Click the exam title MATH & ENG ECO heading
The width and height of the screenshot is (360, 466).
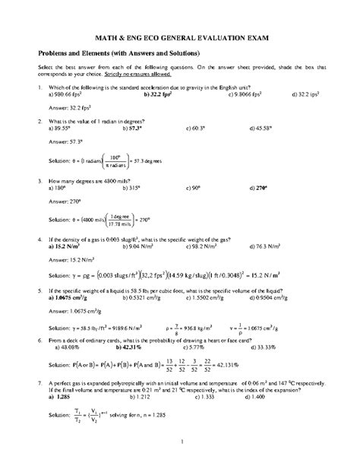pyautogui.click(x=180, y=36)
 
